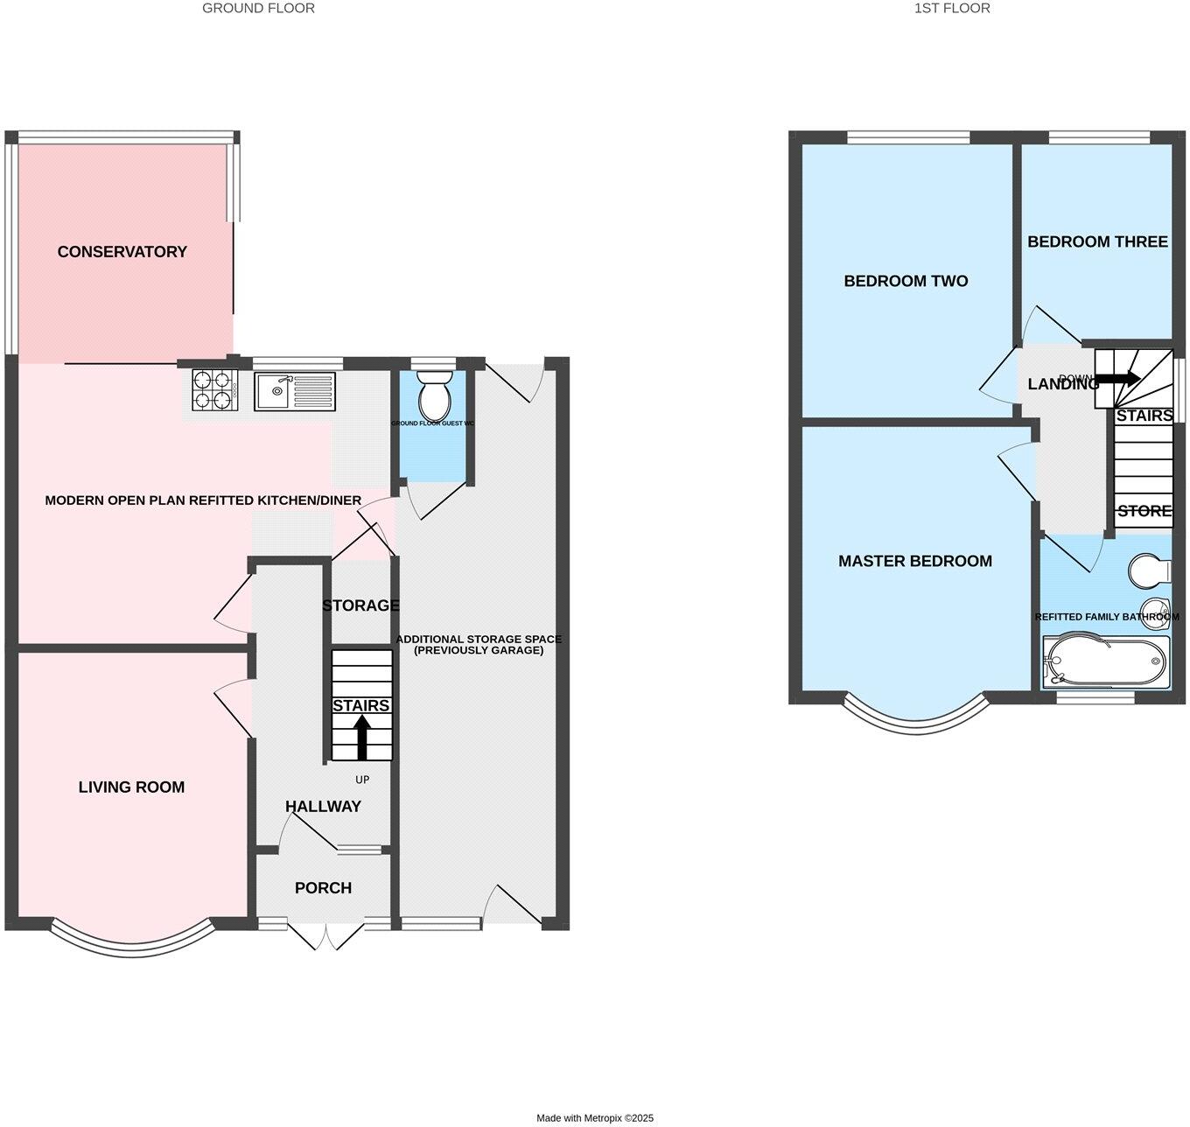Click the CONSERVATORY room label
(x=122, y=252)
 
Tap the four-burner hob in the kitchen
(x=215, y=389)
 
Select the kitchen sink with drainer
(x=295, y=390)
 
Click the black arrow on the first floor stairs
(x=1117, y=379)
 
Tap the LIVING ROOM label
(x=131, y=787)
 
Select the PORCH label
(x=323, y=888)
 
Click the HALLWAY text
(x=323, y=807)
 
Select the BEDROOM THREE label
(x=1096, y=242)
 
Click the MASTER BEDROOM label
(x=914, y=562)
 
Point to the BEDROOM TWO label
(x=906, y=282)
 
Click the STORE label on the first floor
(x=1144, y=511)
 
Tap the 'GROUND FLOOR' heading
(x=258, y=8)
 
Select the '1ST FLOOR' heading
(x=952, y=8)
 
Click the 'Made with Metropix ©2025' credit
(x=594, y=1118)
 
